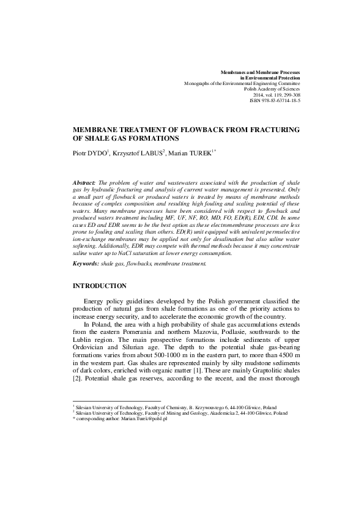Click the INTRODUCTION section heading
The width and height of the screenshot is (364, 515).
[x=100, y=286]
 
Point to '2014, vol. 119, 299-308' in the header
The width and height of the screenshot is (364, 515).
[x=275, y=95]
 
